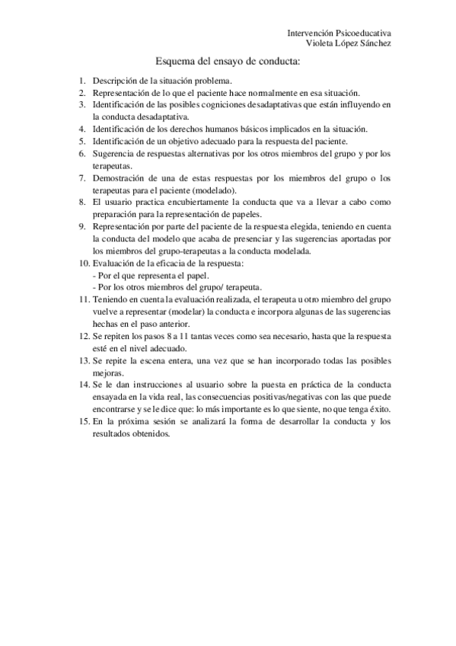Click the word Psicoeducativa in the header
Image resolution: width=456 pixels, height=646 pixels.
362,34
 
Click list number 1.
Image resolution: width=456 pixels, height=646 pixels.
82,80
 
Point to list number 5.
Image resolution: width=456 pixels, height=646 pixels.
82,141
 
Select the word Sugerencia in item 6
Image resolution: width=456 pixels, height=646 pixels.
116,153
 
